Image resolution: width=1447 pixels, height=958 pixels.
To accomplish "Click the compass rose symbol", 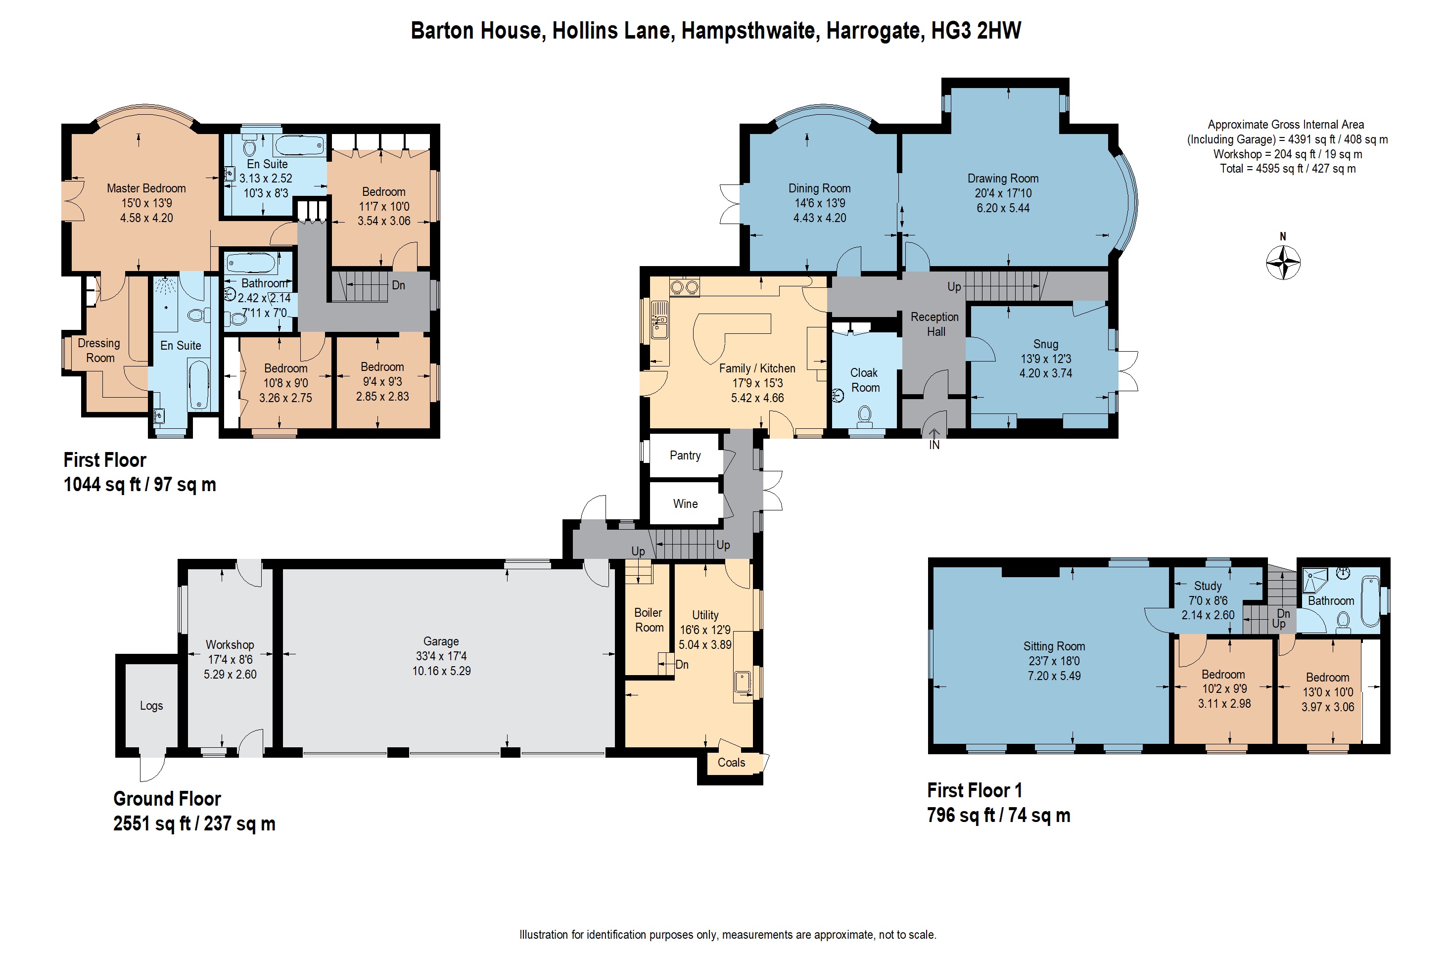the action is coord(1283,263).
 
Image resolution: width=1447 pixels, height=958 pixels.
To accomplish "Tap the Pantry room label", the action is coord(685,455).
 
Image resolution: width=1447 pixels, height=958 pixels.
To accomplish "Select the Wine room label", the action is coord(685,503).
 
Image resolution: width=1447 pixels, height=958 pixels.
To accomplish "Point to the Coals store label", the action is coord(731,763).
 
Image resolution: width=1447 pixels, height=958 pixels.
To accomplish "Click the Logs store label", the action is coord(151,706).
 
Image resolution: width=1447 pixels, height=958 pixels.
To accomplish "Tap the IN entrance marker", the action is coord(934,445).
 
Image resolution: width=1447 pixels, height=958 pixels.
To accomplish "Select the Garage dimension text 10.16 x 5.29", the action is coord(441,671).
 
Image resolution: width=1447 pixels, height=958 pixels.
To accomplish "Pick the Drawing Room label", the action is coord(1003,179).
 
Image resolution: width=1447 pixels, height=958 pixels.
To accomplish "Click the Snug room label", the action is coord(1045,344).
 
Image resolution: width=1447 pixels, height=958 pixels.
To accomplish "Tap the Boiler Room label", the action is coord(649,620).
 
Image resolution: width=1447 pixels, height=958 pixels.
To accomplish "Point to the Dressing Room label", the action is coord(99,351).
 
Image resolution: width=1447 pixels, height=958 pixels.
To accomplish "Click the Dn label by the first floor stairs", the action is coord(398,285).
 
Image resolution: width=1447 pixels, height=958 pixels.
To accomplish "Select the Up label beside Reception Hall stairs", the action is coord(954,286).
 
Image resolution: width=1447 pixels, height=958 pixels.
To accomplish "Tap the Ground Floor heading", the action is coord(167,799).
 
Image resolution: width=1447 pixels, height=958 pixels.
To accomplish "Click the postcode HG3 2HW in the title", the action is coord(976,31).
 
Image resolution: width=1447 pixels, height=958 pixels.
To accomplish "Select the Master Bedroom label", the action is coord(146,188).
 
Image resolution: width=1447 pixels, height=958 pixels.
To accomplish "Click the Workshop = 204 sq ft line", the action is coord(1288,154).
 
